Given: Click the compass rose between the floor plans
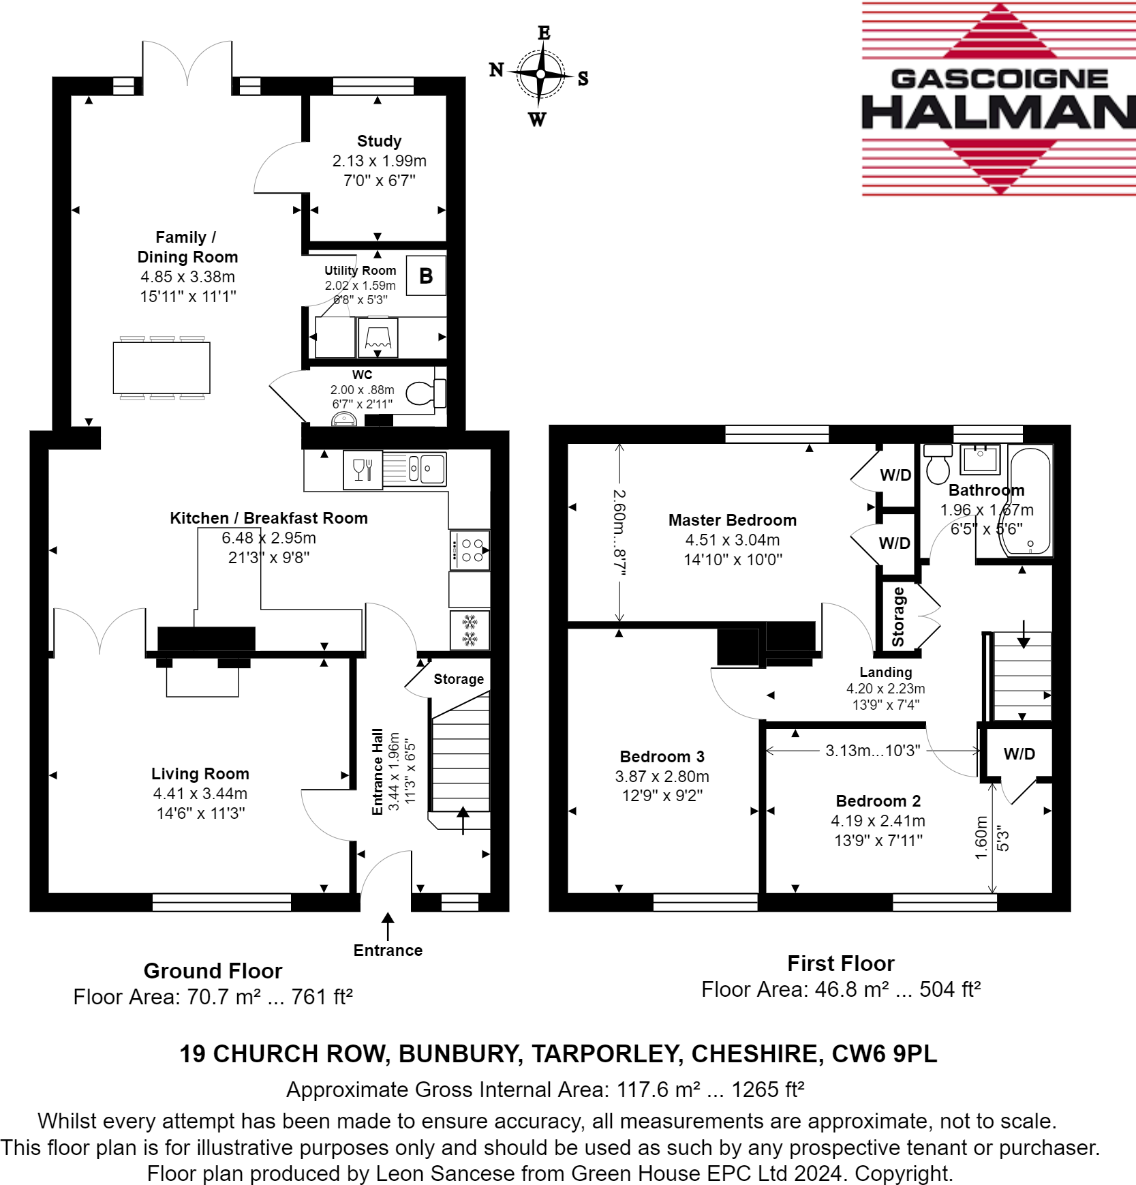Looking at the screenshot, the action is (540, 74).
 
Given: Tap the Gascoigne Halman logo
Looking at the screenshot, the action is (998, 100).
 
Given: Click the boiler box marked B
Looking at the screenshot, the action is (426, 275).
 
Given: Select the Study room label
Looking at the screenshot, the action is (379, 141).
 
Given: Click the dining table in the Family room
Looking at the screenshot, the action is (162, 368).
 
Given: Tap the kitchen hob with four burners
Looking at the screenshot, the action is (470, 550).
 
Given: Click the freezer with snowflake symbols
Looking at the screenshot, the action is (470, 631).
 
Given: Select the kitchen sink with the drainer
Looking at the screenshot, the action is (414, 469).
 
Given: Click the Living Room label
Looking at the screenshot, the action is (200, 774).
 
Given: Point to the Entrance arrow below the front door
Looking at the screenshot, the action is (388, 927).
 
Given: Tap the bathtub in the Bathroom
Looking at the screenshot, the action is (1030, 501).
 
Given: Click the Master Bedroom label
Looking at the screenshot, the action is (733, 520).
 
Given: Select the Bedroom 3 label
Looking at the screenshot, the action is (662, 757).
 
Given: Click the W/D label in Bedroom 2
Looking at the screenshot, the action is (1019, 754).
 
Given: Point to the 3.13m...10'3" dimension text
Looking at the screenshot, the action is (873, 751).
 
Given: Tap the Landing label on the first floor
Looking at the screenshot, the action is (886, 672).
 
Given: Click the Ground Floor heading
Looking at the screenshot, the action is (213, 971).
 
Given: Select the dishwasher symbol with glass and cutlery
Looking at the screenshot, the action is (363, 470).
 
